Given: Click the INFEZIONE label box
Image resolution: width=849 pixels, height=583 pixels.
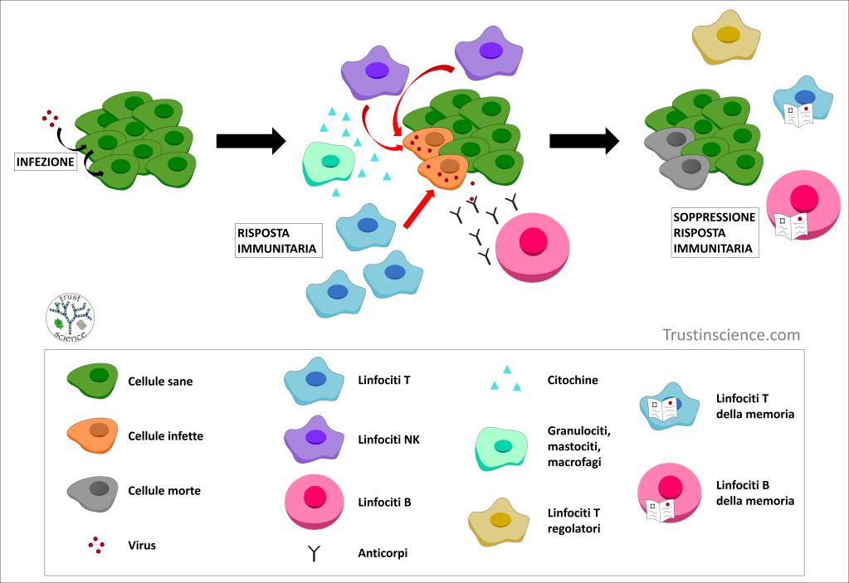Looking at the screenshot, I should click(46, 162).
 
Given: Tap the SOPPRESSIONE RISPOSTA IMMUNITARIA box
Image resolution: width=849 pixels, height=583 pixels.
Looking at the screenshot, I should click(714, 232).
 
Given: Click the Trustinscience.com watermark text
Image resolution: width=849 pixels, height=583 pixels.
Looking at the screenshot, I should click(731, 335).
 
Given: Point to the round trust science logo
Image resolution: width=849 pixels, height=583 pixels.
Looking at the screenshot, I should click(71, 315).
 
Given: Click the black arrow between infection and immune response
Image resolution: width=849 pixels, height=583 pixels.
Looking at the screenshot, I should click(251, 141).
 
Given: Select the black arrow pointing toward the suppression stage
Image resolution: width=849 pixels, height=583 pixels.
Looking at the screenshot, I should click(584, 141).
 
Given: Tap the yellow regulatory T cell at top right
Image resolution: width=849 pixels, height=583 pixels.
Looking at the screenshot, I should click(727, 36).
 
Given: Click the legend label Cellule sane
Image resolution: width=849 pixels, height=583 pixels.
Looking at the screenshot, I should click(160, 382).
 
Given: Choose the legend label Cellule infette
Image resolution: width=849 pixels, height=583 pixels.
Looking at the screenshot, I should click(165, 435).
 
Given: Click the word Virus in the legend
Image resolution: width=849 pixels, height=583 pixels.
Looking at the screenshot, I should click(142, 546).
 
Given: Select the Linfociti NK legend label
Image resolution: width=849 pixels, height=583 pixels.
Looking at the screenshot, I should click(388, 440).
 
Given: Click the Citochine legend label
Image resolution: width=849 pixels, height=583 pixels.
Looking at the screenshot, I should click(573, 380).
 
